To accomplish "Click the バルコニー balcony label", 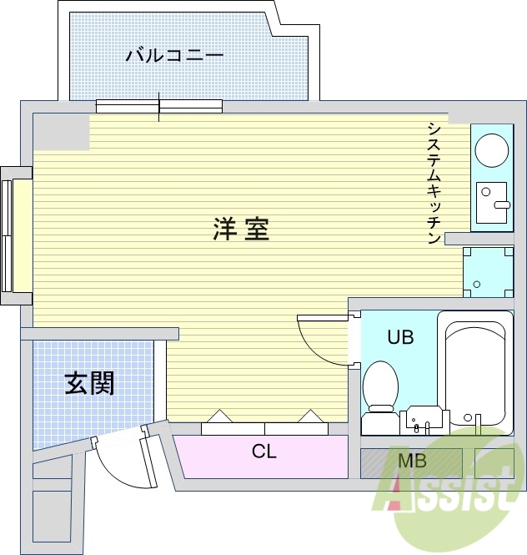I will point(174,56).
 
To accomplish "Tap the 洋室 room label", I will point(241,229).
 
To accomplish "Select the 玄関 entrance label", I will point(89,383).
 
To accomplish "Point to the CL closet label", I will point(263,452).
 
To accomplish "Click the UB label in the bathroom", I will point(399,337).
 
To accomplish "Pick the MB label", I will point(411,461).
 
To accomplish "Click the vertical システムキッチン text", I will point(434,183).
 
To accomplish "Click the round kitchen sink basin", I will point(491,151).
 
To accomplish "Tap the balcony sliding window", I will point(159,106).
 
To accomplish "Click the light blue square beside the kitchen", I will point(488,271).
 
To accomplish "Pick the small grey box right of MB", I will point(494,462).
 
